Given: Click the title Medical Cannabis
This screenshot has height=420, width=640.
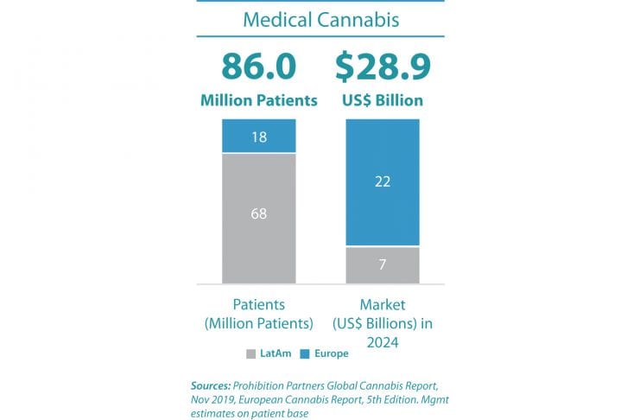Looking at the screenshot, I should [320, 19].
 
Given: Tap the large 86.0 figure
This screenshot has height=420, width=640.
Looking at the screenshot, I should [259, 67].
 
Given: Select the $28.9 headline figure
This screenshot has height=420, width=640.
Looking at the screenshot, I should [382, 67].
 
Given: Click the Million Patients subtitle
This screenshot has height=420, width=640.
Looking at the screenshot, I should [259, 101].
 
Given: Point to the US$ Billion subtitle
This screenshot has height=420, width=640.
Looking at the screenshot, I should [383, 101].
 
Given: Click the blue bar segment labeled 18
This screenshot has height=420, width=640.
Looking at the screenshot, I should [259, 136].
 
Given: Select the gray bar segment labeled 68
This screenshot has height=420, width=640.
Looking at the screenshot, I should [259, 213].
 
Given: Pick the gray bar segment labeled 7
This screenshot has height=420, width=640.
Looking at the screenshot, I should [383, 264].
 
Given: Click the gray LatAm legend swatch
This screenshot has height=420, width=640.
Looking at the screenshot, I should [251, 354].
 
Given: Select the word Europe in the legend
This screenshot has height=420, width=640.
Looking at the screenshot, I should [333, 354].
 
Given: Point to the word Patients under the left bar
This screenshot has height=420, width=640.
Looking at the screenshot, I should [259, 305].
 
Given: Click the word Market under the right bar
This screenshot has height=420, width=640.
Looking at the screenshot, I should [383, 305].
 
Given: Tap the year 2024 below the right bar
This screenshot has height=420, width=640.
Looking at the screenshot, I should [383, 340].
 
